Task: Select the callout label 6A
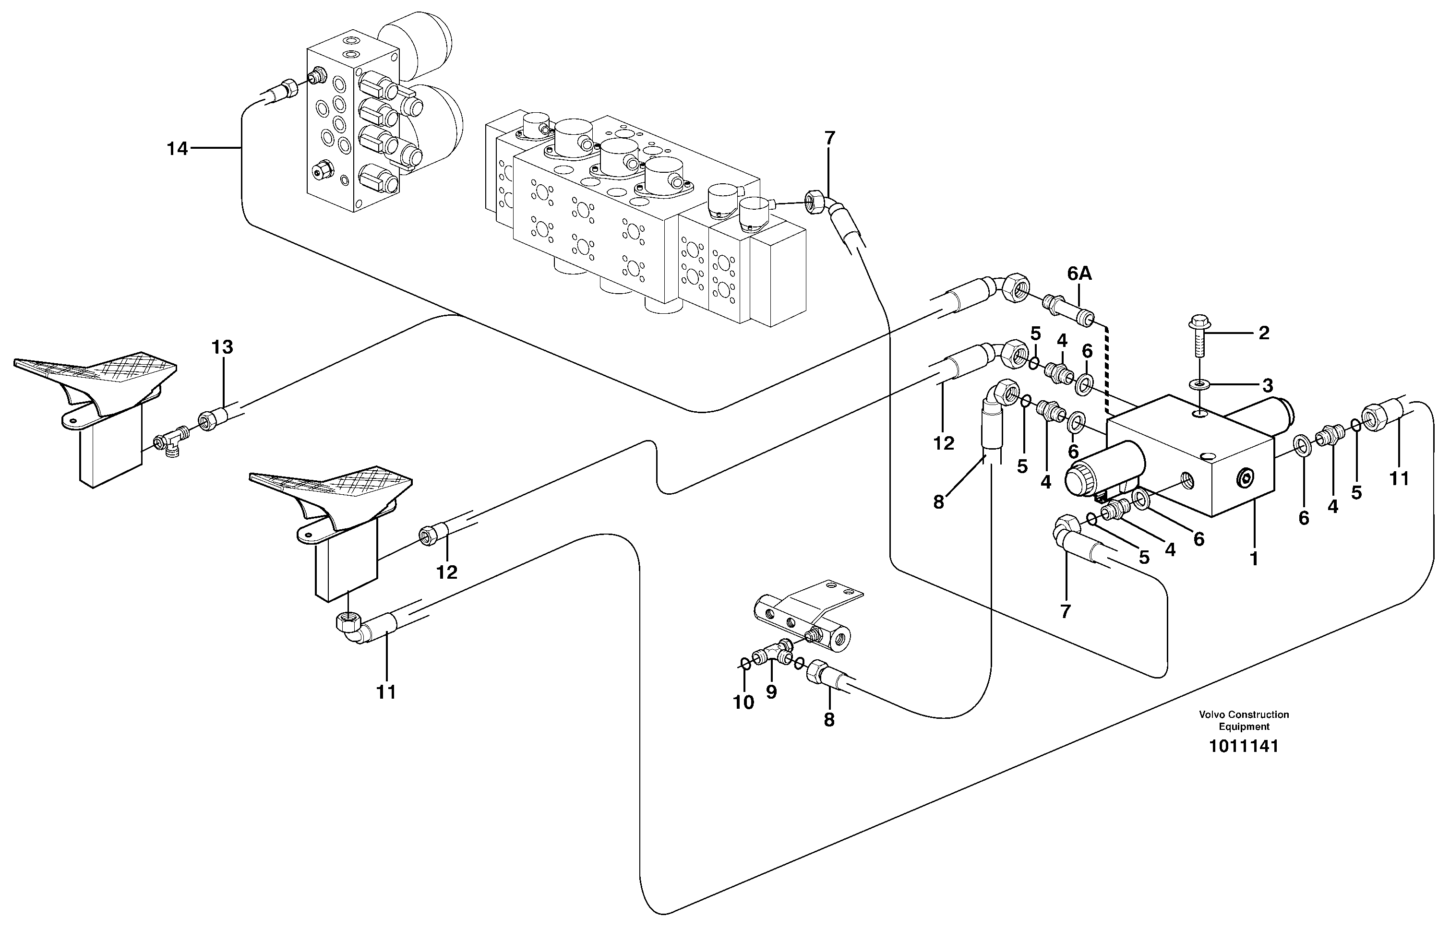pyautogui.click(x=1079, y=274)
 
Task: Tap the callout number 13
pyautogui.click(x=222, y=347)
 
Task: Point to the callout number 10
pyautogui.click(x=743, y=703)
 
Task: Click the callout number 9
pyautogui.click(x=771, y=692)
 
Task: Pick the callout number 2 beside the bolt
pyautogui.click(x=1264, y=333)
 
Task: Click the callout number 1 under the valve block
pyautogui.click(x=1254, y=559)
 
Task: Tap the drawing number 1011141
pyautogui.click(x=1244, y=746)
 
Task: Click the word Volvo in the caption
pyautogui.click(x=1210, y=714)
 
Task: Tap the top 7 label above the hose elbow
pyautogui.click(x=830, y=138)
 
